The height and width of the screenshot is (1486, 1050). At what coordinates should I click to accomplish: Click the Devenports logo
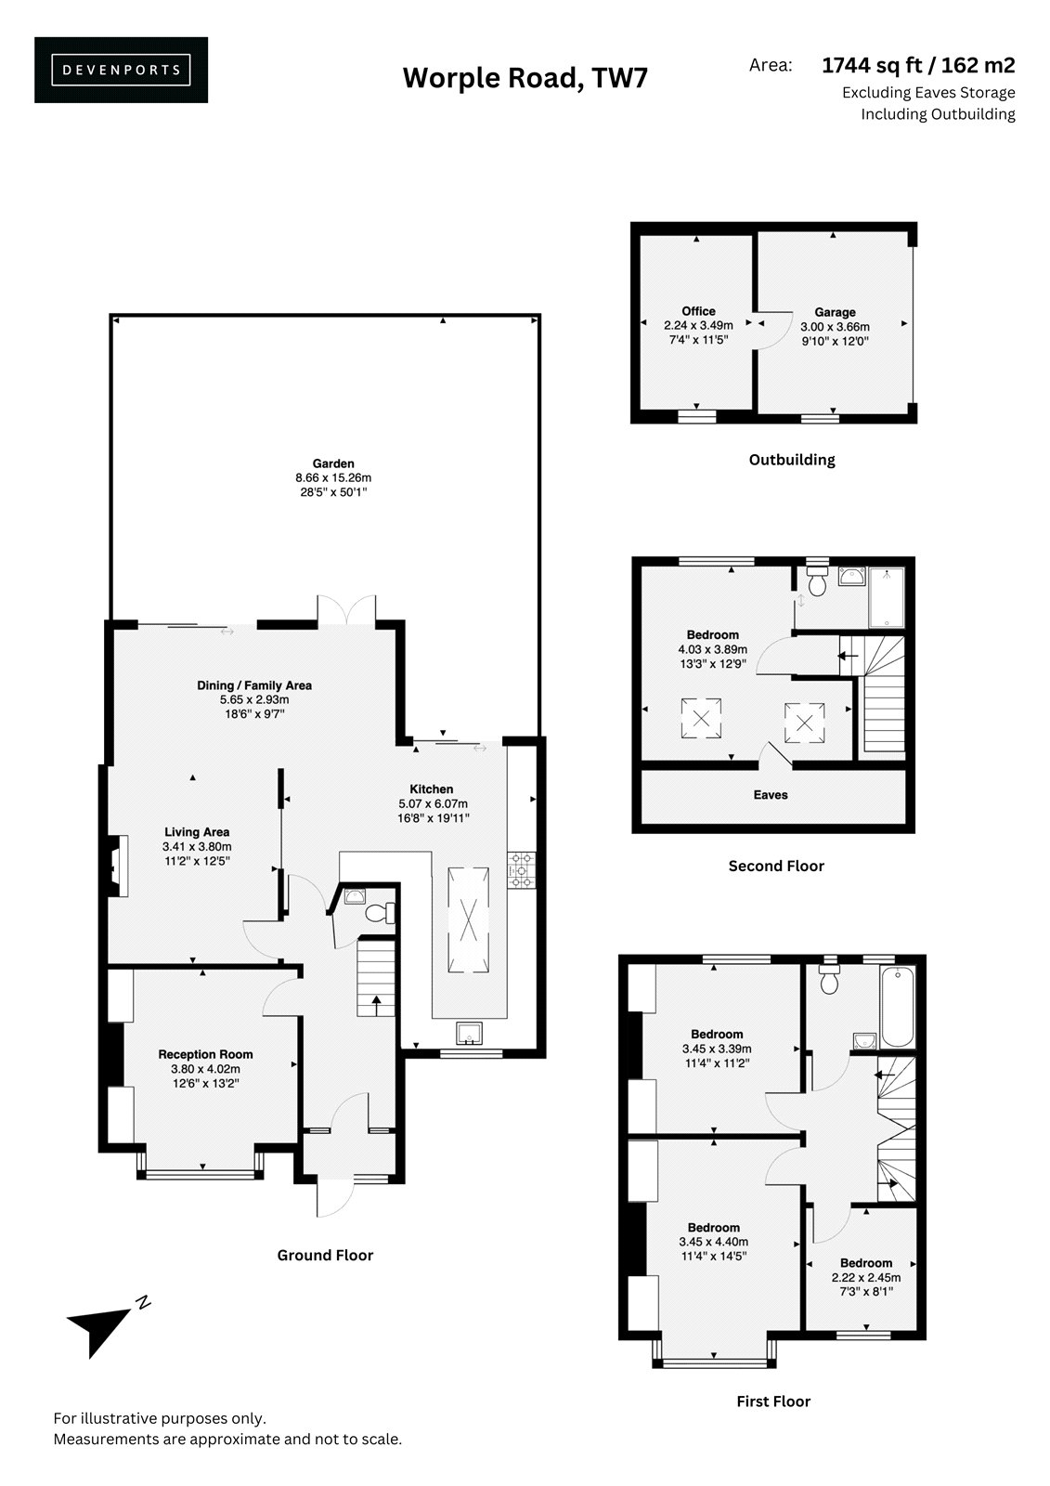click(121, 70)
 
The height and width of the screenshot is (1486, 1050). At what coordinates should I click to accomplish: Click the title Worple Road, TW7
click(525, 78)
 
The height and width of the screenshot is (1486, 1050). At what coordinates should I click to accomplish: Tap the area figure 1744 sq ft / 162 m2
click(918, 65)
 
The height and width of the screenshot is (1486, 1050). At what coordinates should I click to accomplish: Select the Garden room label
click(333, 463)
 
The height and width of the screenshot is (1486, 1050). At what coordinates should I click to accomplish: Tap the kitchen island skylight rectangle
click(468, 919)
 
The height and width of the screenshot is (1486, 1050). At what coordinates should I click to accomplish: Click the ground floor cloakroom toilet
click(380, 914)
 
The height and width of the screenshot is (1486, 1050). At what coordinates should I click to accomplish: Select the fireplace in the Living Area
click(117, 866)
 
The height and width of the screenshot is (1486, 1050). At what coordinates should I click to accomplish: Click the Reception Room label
click(205, 1054)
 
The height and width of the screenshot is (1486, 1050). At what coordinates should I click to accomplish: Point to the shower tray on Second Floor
click(887, 597)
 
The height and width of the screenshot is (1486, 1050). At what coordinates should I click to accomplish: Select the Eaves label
click(770, 795)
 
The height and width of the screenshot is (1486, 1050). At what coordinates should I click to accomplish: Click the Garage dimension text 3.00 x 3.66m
click(835, 326)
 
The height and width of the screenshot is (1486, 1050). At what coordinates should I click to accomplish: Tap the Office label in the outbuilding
click(698, 311)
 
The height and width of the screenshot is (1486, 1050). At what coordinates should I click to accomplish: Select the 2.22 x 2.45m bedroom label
click(865, 1277)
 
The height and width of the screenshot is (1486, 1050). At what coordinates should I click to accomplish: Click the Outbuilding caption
click(791, 460)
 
